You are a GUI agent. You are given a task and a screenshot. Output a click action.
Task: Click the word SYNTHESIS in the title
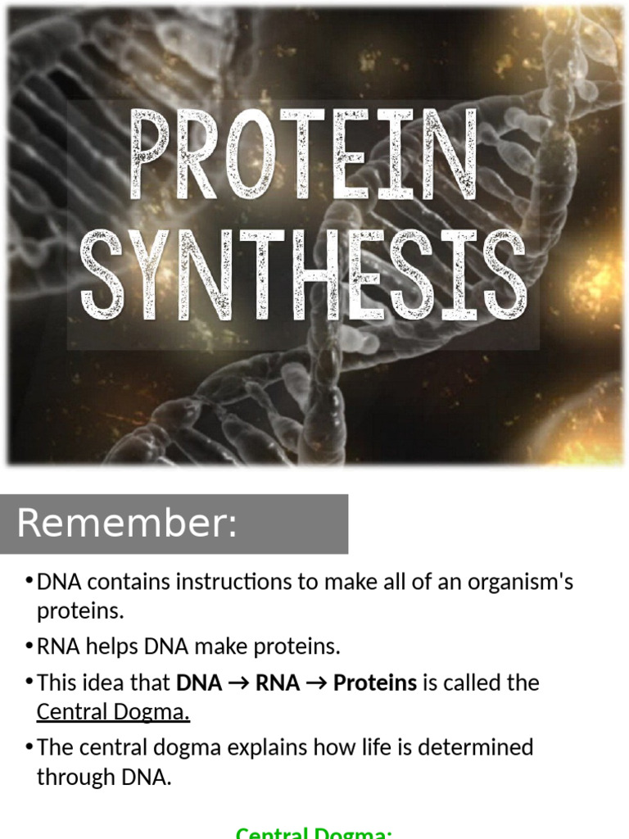tap(303, 274)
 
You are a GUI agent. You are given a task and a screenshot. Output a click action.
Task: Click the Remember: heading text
tap(127, 524)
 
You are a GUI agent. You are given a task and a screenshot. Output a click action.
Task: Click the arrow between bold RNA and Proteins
tap(316, 683)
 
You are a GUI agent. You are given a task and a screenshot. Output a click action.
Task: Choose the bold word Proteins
tap(375, 683)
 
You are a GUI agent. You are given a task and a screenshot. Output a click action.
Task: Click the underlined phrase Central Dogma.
tap(113, 712)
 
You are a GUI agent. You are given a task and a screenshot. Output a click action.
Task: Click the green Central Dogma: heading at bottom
tap(314, 832)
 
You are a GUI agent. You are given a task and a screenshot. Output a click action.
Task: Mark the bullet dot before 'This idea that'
tap(29, 682)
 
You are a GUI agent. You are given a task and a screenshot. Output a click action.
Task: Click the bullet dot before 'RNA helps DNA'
tap(29, 646)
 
